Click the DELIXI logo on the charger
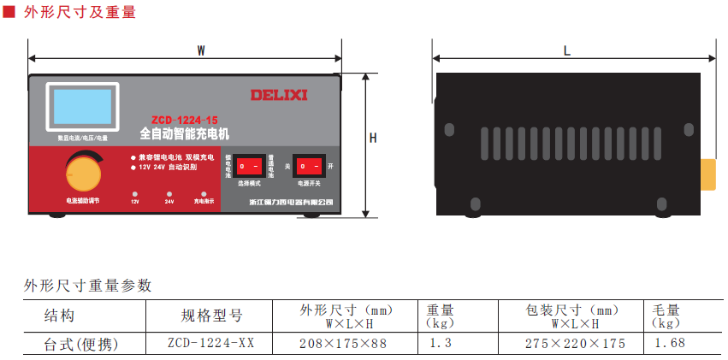pos(279,94)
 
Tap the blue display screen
pos(82,107)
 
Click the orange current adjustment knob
pos(83,173)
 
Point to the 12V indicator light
pos(135,194)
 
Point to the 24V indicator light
pos(169,194)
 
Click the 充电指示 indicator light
pos(204,194)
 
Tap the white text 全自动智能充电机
pos(184,133)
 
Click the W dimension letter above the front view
pos(201,50)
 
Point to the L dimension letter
pos(567,50)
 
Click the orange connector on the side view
pos(708,174)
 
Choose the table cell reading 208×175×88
pos(343,344)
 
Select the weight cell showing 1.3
pos(441,344)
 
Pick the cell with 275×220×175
pos(575,344)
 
